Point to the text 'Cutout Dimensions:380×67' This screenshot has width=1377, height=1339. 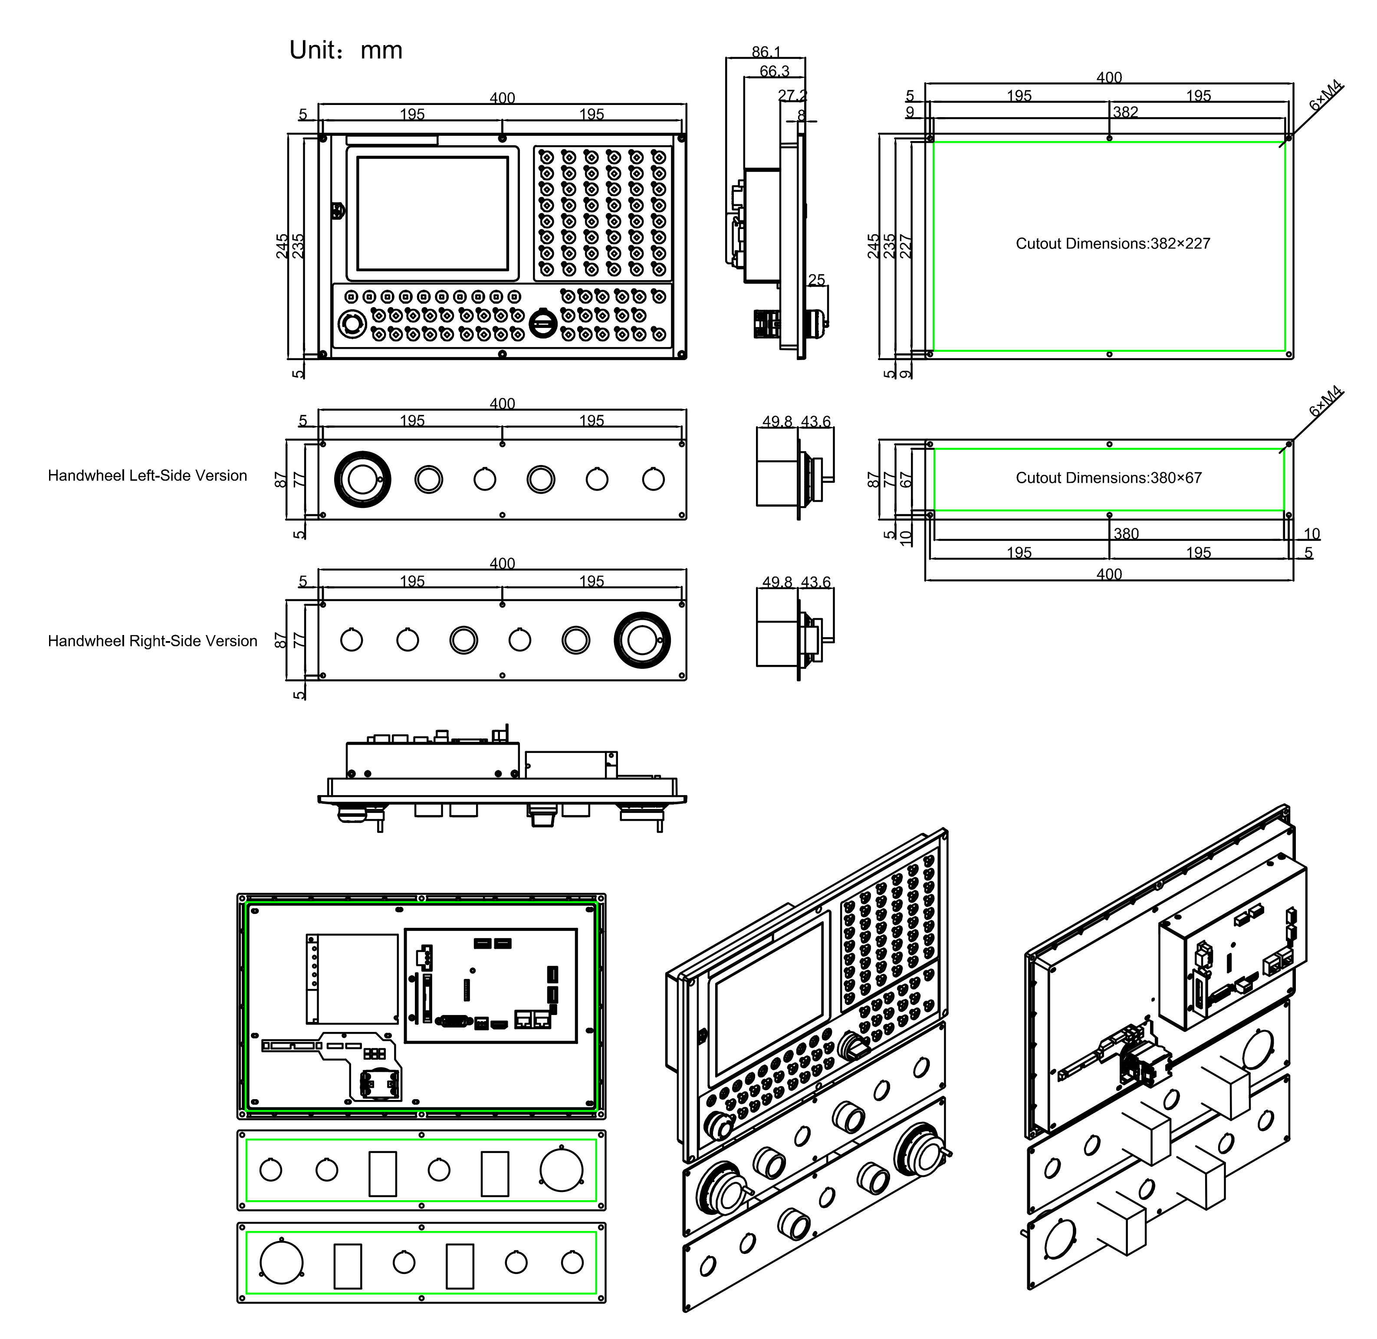coord(1108,478)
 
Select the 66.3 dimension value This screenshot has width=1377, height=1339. coord(774,71)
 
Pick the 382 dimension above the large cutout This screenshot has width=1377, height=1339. coord(1125,112)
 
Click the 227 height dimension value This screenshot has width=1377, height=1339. coord(906,246)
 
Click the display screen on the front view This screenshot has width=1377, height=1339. coord(432,213)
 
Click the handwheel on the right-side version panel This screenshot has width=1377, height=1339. coord(641,640)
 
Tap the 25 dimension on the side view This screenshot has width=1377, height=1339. coord(816,280)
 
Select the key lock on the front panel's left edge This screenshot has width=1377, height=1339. coord(338,211)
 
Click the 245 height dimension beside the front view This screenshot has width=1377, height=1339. coord(282,246)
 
